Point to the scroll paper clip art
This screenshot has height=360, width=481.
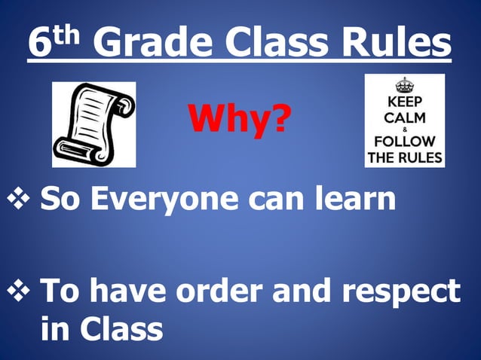coord(93,124)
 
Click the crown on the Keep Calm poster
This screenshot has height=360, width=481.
coord(405,84)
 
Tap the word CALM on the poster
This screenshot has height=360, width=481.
coord(405,117)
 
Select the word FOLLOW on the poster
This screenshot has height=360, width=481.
coord(405,141)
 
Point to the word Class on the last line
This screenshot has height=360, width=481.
coord(120,328)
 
